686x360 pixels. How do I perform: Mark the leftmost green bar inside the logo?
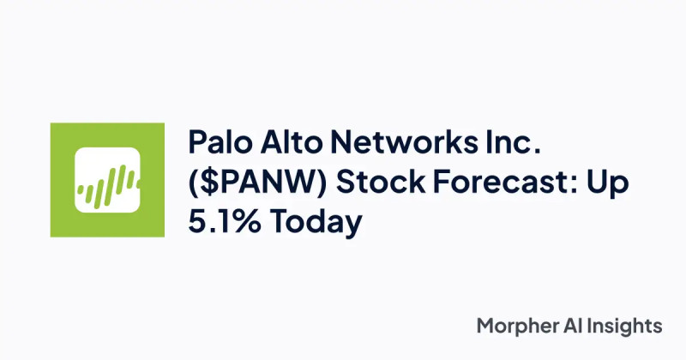(x=81, y=190)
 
